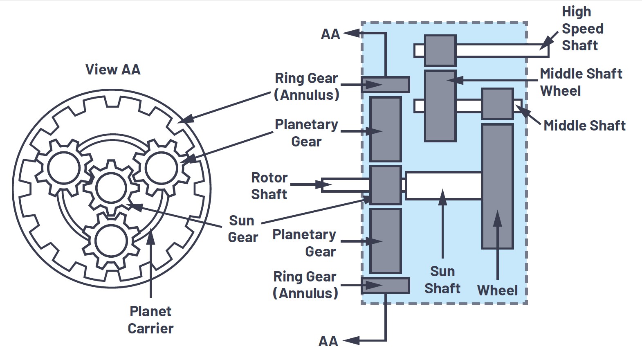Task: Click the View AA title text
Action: (113, 70)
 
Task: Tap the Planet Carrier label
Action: (150, 320)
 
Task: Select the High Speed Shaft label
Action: (582, 29)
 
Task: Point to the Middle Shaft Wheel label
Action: (581, 82)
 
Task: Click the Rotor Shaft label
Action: (269, 186)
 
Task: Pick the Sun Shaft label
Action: (442, 280)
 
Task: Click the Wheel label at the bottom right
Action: (497, 290)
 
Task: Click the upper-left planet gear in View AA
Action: (64, 168)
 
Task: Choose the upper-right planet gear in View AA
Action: (161, 168)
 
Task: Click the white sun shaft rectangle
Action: (444, 186)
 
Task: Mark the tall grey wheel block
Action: (497, 186)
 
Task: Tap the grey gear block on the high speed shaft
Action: (440, 50)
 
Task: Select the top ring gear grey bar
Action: (385, 85)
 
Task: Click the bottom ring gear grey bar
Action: (385, 286)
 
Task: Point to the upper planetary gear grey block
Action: (385, 129)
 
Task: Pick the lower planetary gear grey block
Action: (385, 241)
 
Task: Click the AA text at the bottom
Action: (328, 341)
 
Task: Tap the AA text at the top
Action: (330, 34)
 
